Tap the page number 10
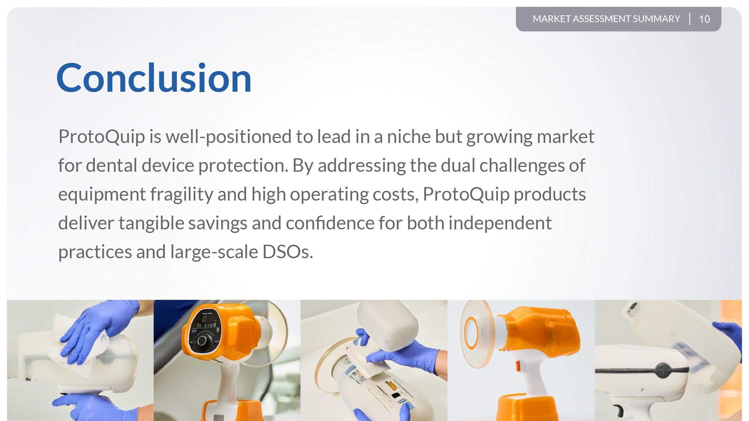click(x=704, y=19)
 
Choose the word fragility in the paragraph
click(x=182, y=194)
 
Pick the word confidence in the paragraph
click(x=330, y=223)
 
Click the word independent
click(x=500, y=223)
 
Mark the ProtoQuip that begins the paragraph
click(x=101, y=137)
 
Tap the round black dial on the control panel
click(x=203, y=340)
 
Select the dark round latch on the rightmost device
click(x=662, y=370)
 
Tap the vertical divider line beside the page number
click(x=690, y=19)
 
